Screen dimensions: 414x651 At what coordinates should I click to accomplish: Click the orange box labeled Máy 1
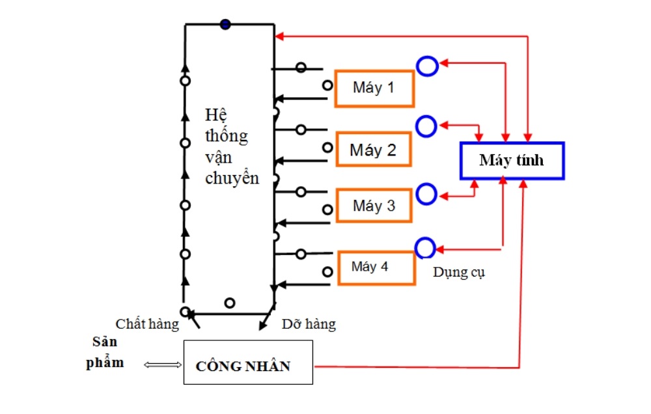(x=374, y=87)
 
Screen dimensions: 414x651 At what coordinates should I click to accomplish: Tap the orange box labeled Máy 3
(x=374, y=206)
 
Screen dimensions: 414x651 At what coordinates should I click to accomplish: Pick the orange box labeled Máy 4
(x=376, y=268)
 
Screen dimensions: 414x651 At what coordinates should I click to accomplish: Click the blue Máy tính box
(x=512, y=160)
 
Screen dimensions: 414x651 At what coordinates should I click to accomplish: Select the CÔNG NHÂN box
(x=248, y=362)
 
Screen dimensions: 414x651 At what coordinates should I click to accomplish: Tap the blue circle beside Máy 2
(x=427, y=126)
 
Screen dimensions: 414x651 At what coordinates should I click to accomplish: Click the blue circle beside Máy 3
(x=426, y=194)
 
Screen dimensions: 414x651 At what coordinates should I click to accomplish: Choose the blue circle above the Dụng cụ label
(x=425, y=248)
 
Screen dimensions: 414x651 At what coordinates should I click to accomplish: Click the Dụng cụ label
(x=459, y=273)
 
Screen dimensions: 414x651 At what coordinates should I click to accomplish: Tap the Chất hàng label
(x=147, y=324)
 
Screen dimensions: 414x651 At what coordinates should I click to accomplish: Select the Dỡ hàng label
(x=309, y=324)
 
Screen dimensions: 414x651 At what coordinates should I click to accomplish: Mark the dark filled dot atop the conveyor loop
(x=225, y=24)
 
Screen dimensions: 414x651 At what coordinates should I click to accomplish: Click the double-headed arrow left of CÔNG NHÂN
(x=162, y=365)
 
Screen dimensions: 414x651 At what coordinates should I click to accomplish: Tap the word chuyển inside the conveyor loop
(x=232, y=178)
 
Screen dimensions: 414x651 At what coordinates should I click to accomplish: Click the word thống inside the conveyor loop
(x=226, y=135)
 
